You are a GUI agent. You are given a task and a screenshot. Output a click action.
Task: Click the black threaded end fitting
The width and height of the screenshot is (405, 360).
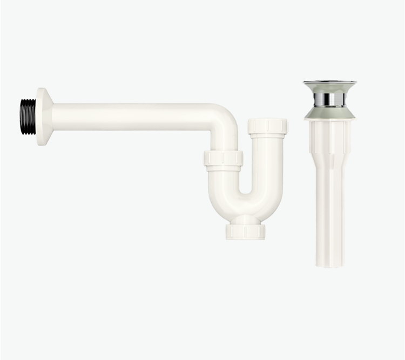tap(28, 117)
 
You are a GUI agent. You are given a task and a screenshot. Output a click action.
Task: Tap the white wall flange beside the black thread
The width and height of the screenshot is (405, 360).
tap(43, 117)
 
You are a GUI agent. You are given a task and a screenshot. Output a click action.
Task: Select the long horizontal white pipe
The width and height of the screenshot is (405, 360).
tap(135, 116)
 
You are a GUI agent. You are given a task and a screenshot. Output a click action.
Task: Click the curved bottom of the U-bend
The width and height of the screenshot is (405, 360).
tap(246, 208)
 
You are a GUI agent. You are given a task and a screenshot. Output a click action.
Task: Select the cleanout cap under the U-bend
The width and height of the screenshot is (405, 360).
tap(246, 232)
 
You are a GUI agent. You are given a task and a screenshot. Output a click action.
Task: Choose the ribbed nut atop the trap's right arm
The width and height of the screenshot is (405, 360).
tap(268, 127)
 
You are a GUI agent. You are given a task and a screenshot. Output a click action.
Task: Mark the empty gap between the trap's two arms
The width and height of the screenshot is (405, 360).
tap(246, 173)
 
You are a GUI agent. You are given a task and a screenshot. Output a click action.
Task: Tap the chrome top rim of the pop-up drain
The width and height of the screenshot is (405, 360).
tap(329, 83)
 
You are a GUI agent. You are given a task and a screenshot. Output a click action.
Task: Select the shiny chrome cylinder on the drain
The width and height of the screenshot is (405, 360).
tap(329, 99)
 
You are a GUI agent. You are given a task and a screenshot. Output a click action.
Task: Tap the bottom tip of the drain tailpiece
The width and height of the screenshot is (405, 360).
tap(329, 264)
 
